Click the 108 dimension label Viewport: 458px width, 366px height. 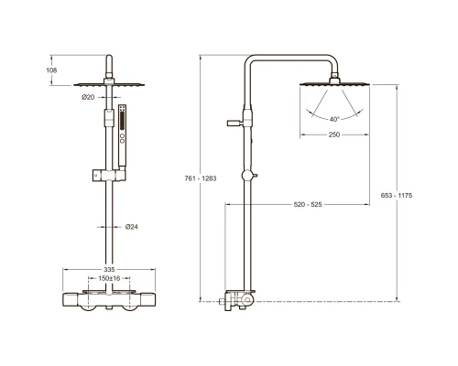[51, 70]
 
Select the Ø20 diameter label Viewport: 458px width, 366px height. [88, 97]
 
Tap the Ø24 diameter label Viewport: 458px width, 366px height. [132, 227]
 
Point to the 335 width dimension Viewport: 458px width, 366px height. [109, 270]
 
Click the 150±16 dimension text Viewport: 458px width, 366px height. [109, 278]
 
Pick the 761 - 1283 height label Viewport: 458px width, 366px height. [201, 178]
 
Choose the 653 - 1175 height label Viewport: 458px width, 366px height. [397, 195]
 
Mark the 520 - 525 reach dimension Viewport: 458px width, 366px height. [308, 204]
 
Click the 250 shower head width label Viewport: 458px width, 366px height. [334, 135]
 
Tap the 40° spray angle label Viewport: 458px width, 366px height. [334, 119]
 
